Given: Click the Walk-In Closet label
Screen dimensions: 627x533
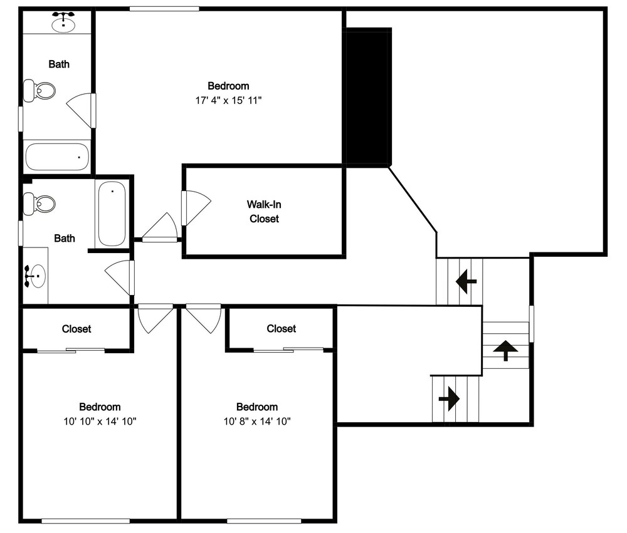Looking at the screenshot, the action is pos(264,211).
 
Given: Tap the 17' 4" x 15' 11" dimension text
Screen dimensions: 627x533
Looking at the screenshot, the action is pos(228,100).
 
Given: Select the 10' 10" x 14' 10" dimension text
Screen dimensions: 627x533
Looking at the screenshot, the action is pos(100,421).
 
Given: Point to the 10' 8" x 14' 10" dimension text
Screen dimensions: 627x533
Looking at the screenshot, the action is pos(257,421).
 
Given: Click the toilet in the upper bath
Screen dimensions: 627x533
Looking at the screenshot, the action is pos(39,91).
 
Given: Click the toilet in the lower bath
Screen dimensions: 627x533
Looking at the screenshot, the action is pos(39,204).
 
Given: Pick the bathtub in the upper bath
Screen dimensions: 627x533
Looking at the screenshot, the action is pos(57,157).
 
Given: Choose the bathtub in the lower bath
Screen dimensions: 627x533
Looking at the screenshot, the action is pos(112,214).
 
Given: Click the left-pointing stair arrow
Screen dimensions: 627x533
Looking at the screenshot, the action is pos(466,281).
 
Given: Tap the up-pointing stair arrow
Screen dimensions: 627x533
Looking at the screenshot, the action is pos(505,350).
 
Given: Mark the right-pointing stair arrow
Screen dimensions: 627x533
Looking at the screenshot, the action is pos(449,398).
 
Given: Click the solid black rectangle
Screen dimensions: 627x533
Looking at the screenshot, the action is pos(368,96).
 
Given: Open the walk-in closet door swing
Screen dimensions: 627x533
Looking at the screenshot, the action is pos(196,208).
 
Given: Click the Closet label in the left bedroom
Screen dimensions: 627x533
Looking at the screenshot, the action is pos(76,329).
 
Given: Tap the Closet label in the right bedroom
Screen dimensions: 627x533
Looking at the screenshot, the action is pos(281,328).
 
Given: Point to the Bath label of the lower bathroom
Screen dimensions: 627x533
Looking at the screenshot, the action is pos(65,239).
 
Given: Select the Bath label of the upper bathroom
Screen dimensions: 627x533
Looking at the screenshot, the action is pos(59,64).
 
